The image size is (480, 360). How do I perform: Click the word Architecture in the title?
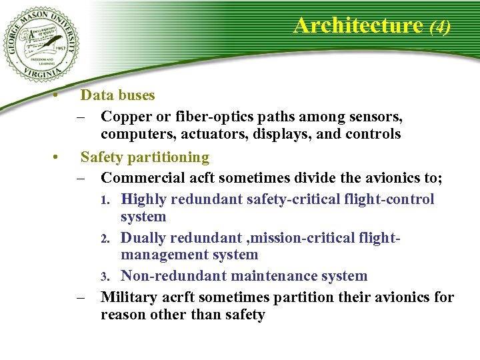tap(358, 25)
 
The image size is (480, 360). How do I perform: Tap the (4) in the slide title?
tap(440, 27)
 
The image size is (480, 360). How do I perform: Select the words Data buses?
tap(117, 95)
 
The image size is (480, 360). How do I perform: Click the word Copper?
tap(127, 117)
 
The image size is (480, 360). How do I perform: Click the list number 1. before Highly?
tap(113, 200)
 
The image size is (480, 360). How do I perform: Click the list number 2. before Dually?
tap(113, 239)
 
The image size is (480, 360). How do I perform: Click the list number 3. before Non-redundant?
tap(113, 277)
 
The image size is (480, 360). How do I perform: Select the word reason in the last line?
tap(123, 315)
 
